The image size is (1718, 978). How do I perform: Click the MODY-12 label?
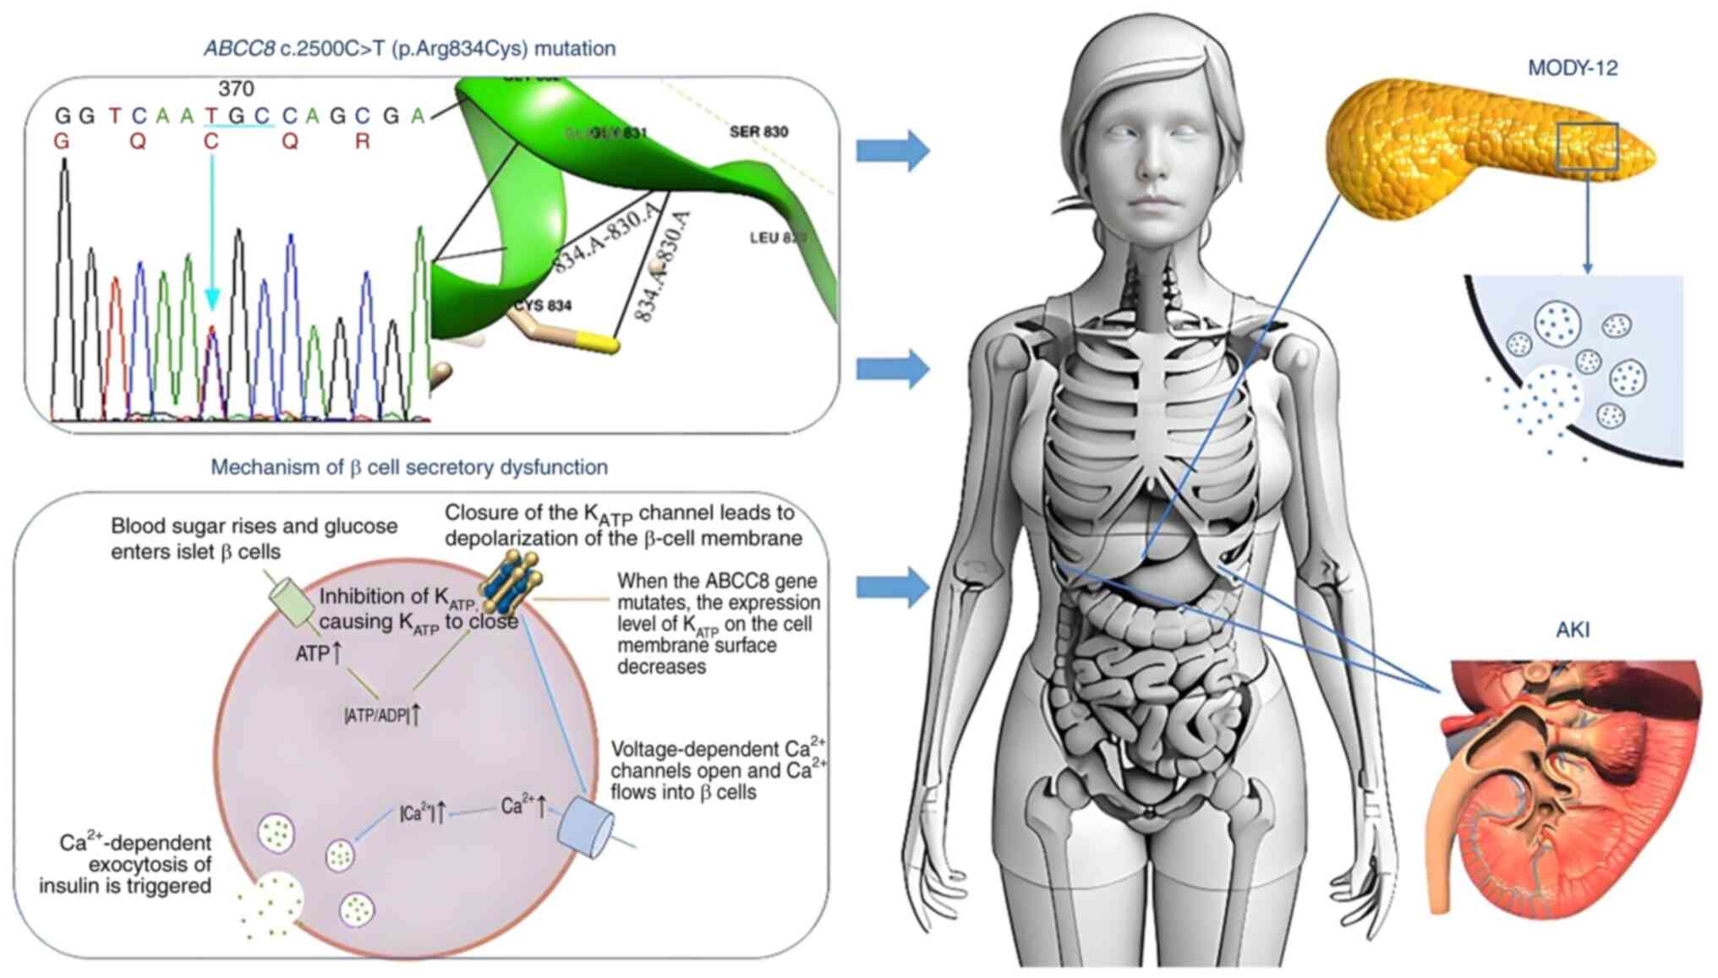(1572, 68)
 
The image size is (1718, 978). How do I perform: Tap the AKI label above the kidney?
(1572, 630)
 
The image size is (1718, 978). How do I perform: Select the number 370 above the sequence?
(236, 88)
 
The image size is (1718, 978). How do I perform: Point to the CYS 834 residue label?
(544, 305)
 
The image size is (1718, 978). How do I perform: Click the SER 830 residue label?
(758, 132)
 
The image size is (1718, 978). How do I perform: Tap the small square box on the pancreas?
(1587, 146)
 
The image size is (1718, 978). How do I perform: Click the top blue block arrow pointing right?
(893, 150)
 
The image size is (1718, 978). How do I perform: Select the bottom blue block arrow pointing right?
(893, 587)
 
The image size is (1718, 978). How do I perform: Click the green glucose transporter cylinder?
(292, 601)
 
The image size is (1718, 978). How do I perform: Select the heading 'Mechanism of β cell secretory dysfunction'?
(409, 467)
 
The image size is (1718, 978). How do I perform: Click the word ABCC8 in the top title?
(239, 49)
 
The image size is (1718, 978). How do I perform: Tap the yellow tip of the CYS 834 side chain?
(602, 342)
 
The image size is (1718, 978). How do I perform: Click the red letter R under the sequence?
(362, 141)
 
